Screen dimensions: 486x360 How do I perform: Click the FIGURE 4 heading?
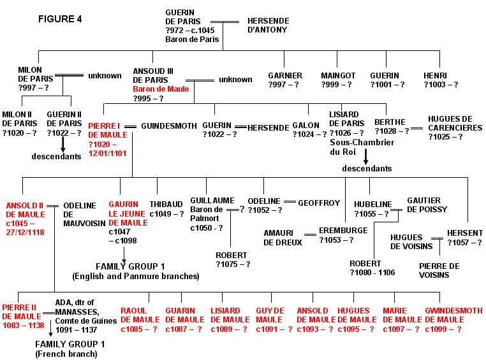tap(60, 19)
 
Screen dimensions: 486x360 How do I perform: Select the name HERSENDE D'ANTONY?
tap(269, 25)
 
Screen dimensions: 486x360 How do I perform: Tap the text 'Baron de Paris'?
tap(192, 40)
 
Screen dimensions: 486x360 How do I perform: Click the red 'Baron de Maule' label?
tap(161, 89)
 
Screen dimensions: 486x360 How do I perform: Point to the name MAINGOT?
tap(338, 76)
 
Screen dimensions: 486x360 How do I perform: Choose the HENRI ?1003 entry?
tap(441, 80)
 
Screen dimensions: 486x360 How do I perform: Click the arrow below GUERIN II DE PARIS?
tap(63, 144)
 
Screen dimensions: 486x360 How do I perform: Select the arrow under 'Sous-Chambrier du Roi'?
tap(365, 157)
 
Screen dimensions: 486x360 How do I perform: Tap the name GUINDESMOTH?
tap(169, 126)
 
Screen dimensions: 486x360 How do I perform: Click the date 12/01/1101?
tap(108, 153)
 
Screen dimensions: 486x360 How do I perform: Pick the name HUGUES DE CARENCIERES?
tap(455, 124)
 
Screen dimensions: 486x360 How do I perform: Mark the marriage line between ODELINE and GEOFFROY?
tap(290, 202)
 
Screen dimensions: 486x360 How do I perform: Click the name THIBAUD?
tap(166, 205)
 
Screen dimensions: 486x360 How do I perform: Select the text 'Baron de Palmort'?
tap(207, 214)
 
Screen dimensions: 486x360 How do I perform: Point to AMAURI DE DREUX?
tap(283, 238)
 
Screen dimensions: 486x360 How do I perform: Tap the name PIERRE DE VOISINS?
tap(439, 271)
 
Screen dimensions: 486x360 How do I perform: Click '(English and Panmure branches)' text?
tap(136, 276)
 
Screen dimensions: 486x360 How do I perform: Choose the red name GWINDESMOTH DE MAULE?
tap(453, 315)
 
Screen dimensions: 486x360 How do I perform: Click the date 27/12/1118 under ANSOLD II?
tap(25, 232)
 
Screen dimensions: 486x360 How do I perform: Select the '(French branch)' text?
tap(66, 354)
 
